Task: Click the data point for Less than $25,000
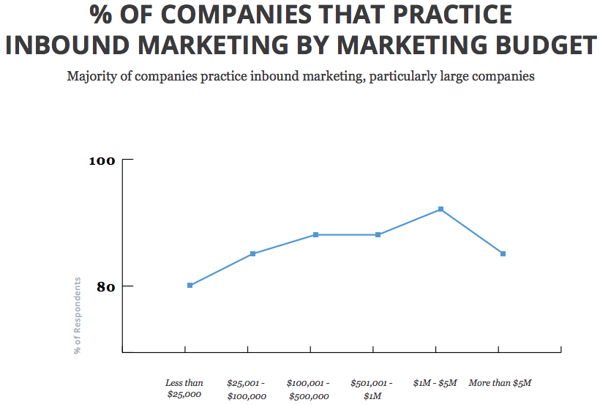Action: tap(190, 285)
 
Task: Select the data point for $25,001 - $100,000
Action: tap(252, 253)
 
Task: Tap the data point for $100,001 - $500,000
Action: tap(315, 234)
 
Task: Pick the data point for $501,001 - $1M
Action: tap(378, 234)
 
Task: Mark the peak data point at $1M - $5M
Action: tap(440, 209)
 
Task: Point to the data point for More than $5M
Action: tap(503, 253)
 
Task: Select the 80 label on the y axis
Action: tap(106, 286)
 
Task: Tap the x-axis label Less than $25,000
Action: tap(184, 389)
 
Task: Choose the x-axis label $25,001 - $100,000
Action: tap(247, 389)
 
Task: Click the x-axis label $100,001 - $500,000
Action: tap(308, 389)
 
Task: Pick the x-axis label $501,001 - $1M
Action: tap(372, 389)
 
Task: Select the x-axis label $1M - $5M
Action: tap(435, 382)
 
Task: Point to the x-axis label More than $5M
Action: tap(500, 382)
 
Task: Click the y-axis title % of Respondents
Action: tap(78, 316)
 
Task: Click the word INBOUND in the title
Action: tap(70, 45)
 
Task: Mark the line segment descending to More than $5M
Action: tap(472, 231)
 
